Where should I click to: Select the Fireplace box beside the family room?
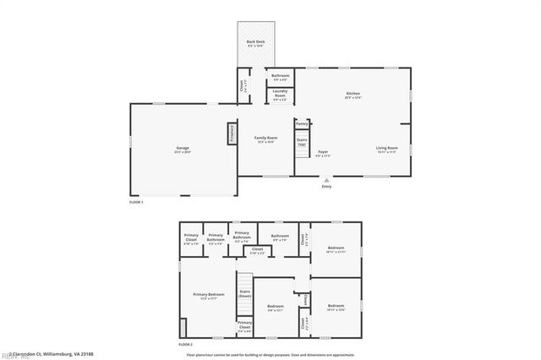click(x=230, y=133)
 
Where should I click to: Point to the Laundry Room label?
click(x=280, y=95)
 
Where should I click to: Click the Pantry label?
click(x=302, y=123)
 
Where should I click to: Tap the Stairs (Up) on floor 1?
click(x=302, y=142)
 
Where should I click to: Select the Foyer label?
click(x=323, y=153)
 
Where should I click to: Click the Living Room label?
click(x=387, y=150)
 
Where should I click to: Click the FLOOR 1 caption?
click(x=137, y=203)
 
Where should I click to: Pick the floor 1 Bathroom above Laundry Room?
click(x=280, y=77)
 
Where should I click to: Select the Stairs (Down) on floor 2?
click(x=244, y=293)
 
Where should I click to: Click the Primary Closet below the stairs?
click(x=244, y=326)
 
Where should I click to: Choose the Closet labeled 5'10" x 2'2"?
click(x=257, y=250)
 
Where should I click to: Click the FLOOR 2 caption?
click(x=186, y=345)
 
